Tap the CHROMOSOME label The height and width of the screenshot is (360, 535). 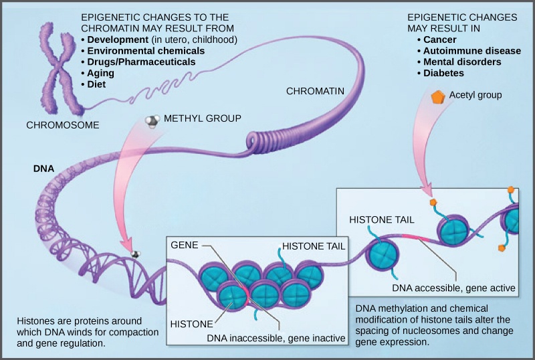[x=63, y=125]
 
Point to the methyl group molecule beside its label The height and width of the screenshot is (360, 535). [x=153, y=120]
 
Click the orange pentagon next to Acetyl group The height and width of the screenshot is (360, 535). [x=437, y=96]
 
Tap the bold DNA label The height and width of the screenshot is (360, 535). [x=44, y=169]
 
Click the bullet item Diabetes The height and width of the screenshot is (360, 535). [x=445, y=72]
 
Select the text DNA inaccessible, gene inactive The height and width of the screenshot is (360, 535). [x=276, y=339]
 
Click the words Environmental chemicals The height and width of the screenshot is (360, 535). [x=144, y=50]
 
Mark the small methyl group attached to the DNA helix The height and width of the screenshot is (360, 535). [x=136, y=254]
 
